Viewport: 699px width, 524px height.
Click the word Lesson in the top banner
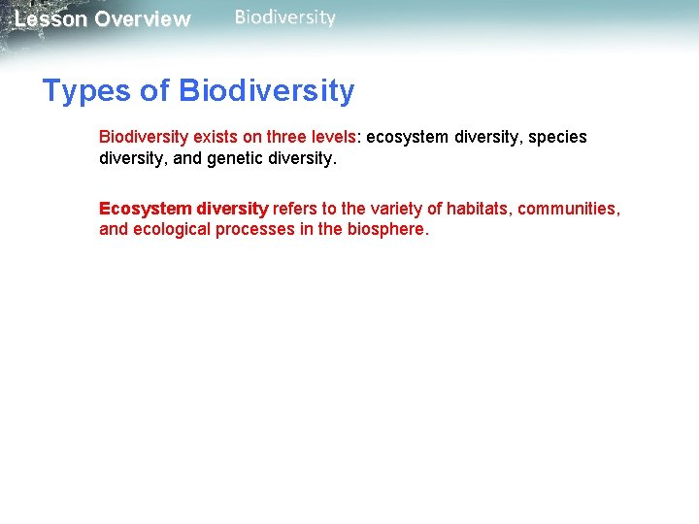point(50,19)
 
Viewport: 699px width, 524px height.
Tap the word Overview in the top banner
point(143,19)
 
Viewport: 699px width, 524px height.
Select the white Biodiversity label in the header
point(284,17)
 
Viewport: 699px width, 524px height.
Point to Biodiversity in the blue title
point(267,91)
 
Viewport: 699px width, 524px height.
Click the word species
point(558,137)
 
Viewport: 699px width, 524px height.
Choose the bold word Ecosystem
point(145,209)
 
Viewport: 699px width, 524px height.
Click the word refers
point(294,209)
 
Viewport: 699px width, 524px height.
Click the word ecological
point(170,230)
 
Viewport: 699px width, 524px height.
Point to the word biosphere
point(385,230)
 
